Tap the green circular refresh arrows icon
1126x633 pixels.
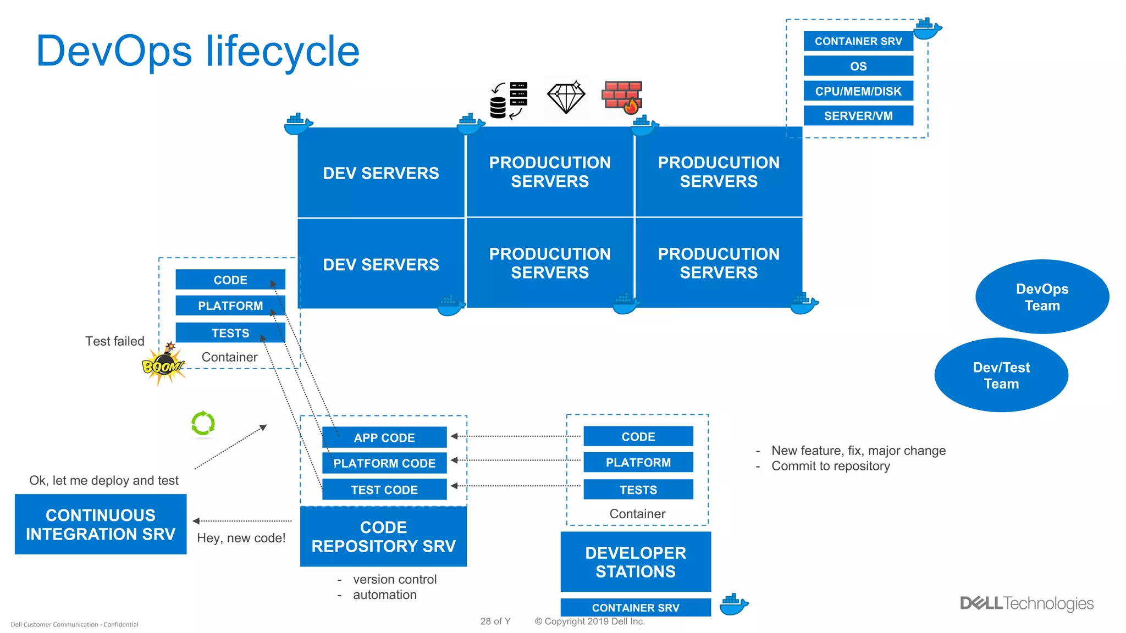click(x=203, y=423)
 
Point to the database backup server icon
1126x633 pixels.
click(x=509, y=100)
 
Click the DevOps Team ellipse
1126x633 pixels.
click(x=1042, y=297)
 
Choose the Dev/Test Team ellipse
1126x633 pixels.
click(x=1001, y=375)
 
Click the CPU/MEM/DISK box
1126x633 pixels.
click(x=858, y=91)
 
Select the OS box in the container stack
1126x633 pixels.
click(x=858, y=66)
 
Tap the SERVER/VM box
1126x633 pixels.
click(x=858, y=116)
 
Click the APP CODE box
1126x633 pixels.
click(x=384, y=438)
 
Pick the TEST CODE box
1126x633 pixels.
click(x=384, y=490)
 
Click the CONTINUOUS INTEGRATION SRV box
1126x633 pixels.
click(x=101, y=524)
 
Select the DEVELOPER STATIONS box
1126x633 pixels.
click(x=636, y=562)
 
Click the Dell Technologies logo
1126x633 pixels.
click(x=1026, y=603)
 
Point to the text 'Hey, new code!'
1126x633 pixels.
click(x=241, y=538)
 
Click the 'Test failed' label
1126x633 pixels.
click(x=115, y=341)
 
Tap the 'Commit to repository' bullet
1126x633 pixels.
click(x=830, y=466)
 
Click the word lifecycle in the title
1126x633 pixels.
click(x=283, y=51)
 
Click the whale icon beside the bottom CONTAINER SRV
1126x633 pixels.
click(x=733, y=604)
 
